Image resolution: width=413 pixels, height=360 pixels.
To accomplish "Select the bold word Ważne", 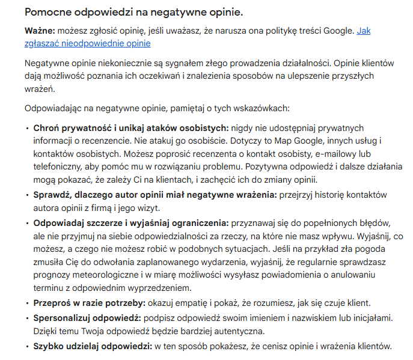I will [39, 31].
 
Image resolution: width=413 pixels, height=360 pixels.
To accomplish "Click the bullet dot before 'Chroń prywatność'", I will [27, 128].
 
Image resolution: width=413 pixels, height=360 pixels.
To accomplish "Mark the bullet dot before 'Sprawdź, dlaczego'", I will [27, 195].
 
